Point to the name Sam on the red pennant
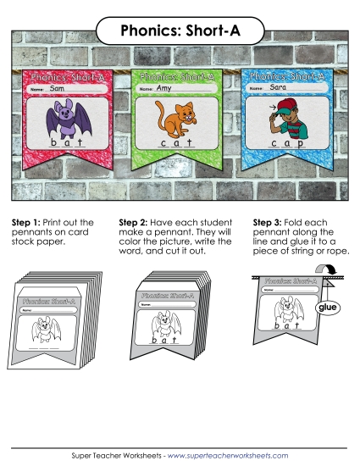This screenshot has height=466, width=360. tap(58, 88)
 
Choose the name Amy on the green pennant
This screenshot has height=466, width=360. tap(163, 87)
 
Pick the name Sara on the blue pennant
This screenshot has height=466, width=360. tap(278, 86)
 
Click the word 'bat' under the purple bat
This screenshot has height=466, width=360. tap(66, 144)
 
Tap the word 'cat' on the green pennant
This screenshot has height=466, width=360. tap(176, 144)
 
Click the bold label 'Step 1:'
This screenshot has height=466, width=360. tap(26, 222)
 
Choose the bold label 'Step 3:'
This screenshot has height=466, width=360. tap(268, 222)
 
